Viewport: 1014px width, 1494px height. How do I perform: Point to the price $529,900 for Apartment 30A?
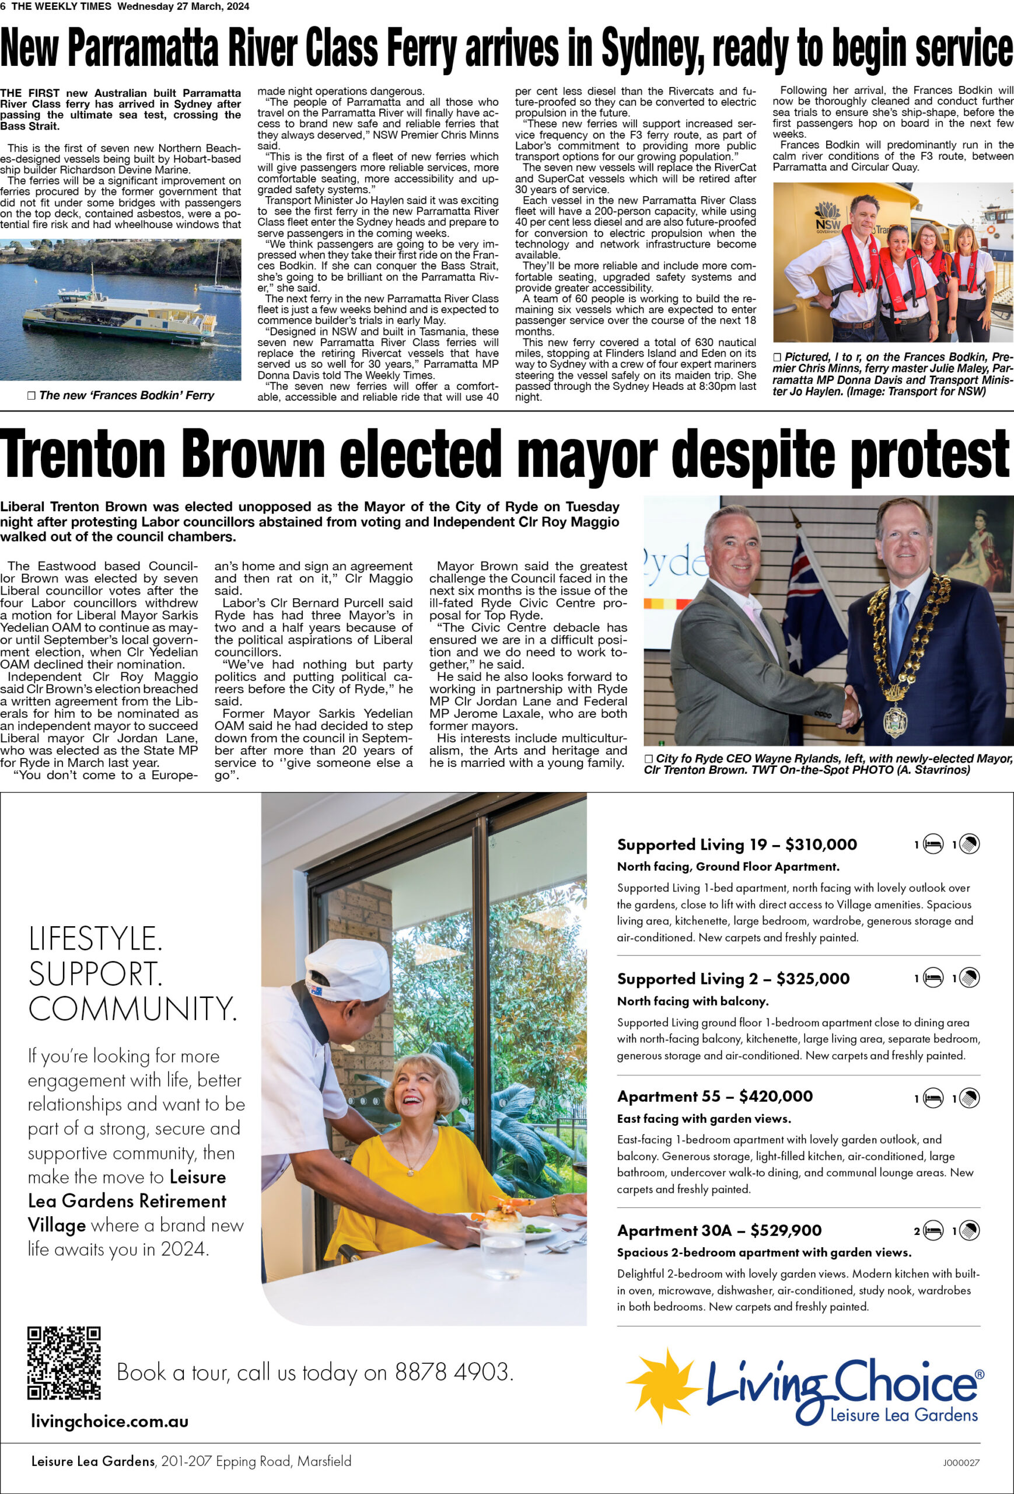(x=786, y=1230)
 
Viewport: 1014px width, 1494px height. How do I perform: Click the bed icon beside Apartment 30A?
(x=933, y=1231)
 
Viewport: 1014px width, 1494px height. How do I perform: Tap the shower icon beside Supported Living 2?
(x=969, y=979)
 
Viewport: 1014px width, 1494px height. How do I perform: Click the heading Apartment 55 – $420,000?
(x=715, y=1096)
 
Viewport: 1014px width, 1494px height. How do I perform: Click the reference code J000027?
(x=961, y=1462)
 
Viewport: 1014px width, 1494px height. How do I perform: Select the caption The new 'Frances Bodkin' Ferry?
(x=126, y=395)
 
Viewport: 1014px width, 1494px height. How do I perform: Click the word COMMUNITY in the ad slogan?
(x=132, y=1008)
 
